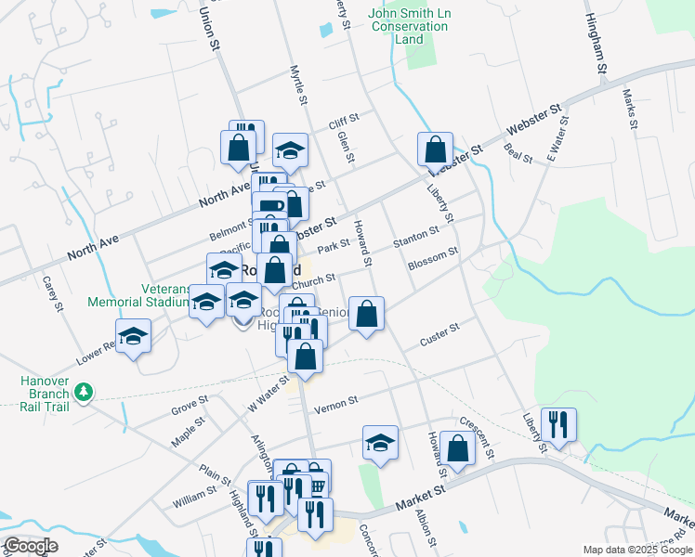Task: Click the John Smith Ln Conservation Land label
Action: pyautogui.click(x=409, y=26)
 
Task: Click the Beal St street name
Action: pyautogui.click(x=518, y=153)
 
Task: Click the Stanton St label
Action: pyautogui.click(x=415, y=235)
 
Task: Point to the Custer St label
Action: pyautogui.click(x=439, y=331)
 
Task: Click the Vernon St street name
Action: pyautogui.click(x=335, y=406)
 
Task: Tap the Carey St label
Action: pyautogui.click(x=52, y=293)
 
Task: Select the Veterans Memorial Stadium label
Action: pyautogui.click(x=138, y=294)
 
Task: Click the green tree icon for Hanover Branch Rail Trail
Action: pyautogui.click(x=84, y=394)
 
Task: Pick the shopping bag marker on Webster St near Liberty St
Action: pyautogui.click(x=435, y=149)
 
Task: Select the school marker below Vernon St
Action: pyautogui.click(x=380, y=443)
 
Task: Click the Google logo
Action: pyautogui.click(x=32, y=546)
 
